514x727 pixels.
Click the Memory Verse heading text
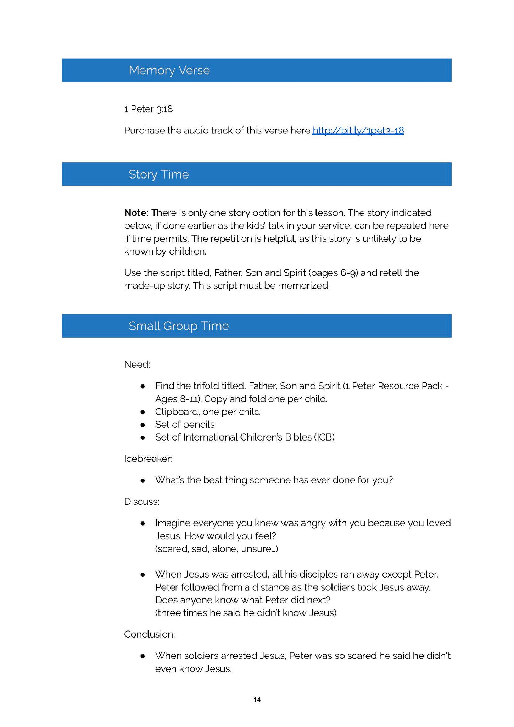pyautogui.click(x=169, y=70)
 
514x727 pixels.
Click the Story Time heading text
pyautogui.click(x=158, y=174)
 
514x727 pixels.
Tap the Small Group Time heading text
pyautogui.click(x=179, y=326)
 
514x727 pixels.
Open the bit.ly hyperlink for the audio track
pyautogui.click(x=358, y=131)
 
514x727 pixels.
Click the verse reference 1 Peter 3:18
pyautogui.click(x=148, y=109)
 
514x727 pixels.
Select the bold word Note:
pyautogui.click(x=136, y=213)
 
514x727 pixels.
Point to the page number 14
pyautogui.click(x=257, y=699)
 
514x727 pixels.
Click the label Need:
pyautogui.click(x=137, y=365)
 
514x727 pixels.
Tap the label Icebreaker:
pyautogui.click(x=148, y=459)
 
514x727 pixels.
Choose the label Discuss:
pyautogui.click(x=141, y=501)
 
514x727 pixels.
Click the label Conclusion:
pyautogui.click(x=149, y=634)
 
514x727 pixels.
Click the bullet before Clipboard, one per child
pyautogui.click(x=143, y=412)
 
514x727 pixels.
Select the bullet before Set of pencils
pyautogui.click(x=143, y=425)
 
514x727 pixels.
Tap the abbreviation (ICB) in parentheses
pyautogui.click(x=324, y=437)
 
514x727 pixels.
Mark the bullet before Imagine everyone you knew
pyautogui.click(x=143, y=523)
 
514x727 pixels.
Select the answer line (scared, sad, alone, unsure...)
pyautogui.click(x=216, y=549)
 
